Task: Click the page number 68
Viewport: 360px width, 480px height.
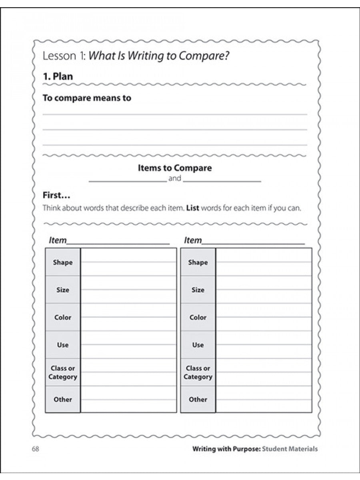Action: (x=35, y=449)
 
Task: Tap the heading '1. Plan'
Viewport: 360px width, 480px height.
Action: (x=58, y=76)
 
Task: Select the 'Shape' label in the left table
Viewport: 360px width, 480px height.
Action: (x=63, y=262)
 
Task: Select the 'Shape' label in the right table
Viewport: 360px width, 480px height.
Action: (x=198, y=262)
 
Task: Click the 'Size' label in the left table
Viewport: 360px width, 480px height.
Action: (x=63, y=290)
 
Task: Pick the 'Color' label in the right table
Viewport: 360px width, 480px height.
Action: (x=198, y=317)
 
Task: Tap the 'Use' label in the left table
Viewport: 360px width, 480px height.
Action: (x=63, y=345)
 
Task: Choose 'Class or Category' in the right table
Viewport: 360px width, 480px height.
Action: (x=198, y=372)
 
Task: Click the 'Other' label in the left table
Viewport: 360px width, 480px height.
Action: (x=63, y=399)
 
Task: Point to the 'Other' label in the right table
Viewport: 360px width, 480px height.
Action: (x=198, y=399)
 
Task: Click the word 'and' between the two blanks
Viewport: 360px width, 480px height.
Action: (x=175, y=178)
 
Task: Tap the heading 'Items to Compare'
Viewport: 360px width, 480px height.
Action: (x=175, y=168)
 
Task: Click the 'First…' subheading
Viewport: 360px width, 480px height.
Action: (x=56, y=196)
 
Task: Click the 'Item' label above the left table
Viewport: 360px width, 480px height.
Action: (x=58, y=240)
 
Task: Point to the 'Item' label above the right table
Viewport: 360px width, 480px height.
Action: (x=193, y=240)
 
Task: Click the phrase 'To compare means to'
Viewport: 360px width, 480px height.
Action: (x=87, y=98)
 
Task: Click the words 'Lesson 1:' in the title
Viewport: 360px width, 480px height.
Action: (x=64, y=56)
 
